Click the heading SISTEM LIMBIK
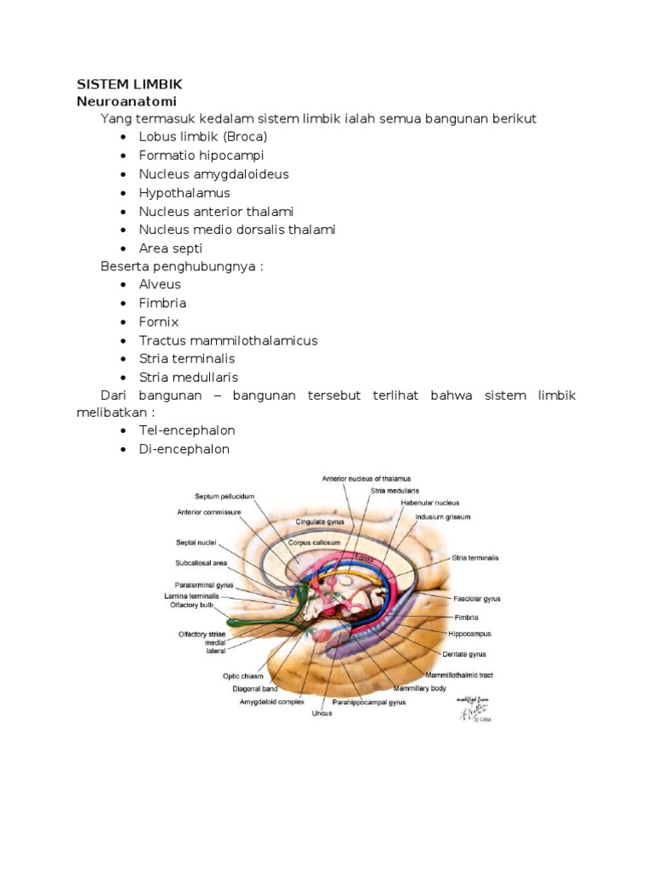tap(129, 84)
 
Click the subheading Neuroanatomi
tap(126, 100)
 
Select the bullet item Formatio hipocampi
tap(202, 155)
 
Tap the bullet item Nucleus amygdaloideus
tap(214, 174)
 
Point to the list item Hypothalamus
tap(185, 192)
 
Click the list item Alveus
tap(160, 284)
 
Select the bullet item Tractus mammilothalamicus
tap(228, 340)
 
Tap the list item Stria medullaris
tap(189, 377)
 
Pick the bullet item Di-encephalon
tap(185, 449)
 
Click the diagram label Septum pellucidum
tap(224, 496)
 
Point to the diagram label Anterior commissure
tap(209, 512)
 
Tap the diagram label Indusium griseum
tap(443, 516)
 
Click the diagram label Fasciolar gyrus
tap(477, 598)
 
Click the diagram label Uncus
tap(321, 713)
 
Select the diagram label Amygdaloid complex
tap(271, 703)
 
